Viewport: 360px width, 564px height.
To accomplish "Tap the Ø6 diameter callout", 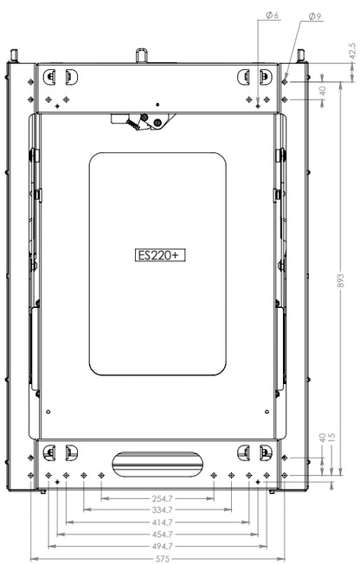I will pos(271,16).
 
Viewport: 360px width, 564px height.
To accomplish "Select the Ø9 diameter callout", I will pos(315,16).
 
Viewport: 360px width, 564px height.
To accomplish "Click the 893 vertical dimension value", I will pos(340,280).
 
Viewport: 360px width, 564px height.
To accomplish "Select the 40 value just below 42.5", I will pos(323,89).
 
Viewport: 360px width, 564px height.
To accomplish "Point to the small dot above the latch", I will pos(157,106).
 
